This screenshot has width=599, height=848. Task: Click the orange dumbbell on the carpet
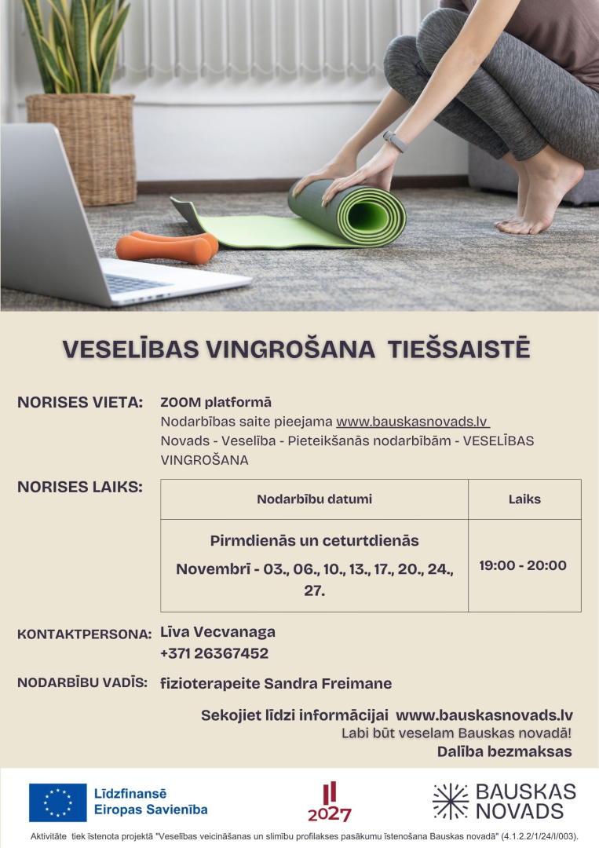[x=166, y=245]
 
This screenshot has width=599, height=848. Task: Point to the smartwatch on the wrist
[x=396, y=141]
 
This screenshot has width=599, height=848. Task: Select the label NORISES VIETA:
[x=79, y=403]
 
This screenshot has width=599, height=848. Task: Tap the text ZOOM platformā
[x=216, y=403]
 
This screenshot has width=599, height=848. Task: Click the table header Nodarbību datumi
[x=314, y=499]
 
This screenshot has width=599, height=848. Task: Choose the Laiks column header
[x=524, y=499]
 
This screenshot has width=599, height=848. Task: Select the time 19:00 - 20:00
[x=523, y=565]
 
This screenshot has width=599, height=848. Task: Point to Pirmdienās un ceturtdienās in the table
[x=314, y=541]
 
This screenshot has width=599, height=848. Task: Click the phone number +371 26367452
[x=214, y=653]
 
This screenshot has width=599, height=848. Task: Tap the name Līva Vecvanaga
[x=217, y=632]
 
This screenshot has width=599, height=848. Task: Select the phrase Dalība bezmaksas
[x=504, y=751]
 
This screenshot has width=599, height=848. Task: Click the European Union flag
[x=57, y=802]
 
